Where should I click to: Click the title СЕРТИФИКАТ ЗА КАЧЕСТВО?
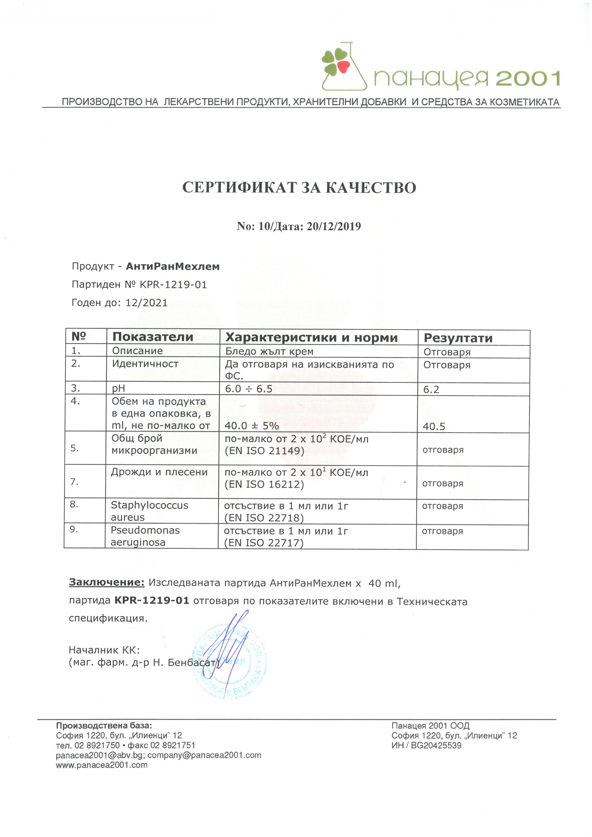tap(299, 187)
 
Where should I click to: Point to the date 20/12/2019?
tap(334, 226)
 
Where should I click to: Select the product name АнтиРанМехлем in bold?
tap(172, 266)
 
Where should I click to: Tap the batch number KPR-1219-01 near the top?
tap(173, 285)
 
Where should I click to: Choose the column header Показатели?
tap(152, 337)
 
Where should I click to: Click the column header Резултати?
tap(458, 338)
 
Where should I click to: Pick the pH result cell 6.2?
tap(431, 390)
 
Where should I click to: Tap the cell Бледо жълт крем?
tap(269, 351)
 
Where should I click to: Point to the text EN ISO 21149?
tap(265, 451)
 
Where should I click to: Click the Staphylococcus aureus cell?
tap(149, 511)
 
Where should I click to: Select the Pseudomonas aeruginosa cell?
tap(145, 536)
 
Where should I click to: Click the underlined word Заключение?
tap(107, 582)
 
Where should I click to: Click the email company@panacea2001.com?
tap(204, 755)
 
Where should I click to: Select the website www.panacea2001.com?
tap(101, 765)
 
